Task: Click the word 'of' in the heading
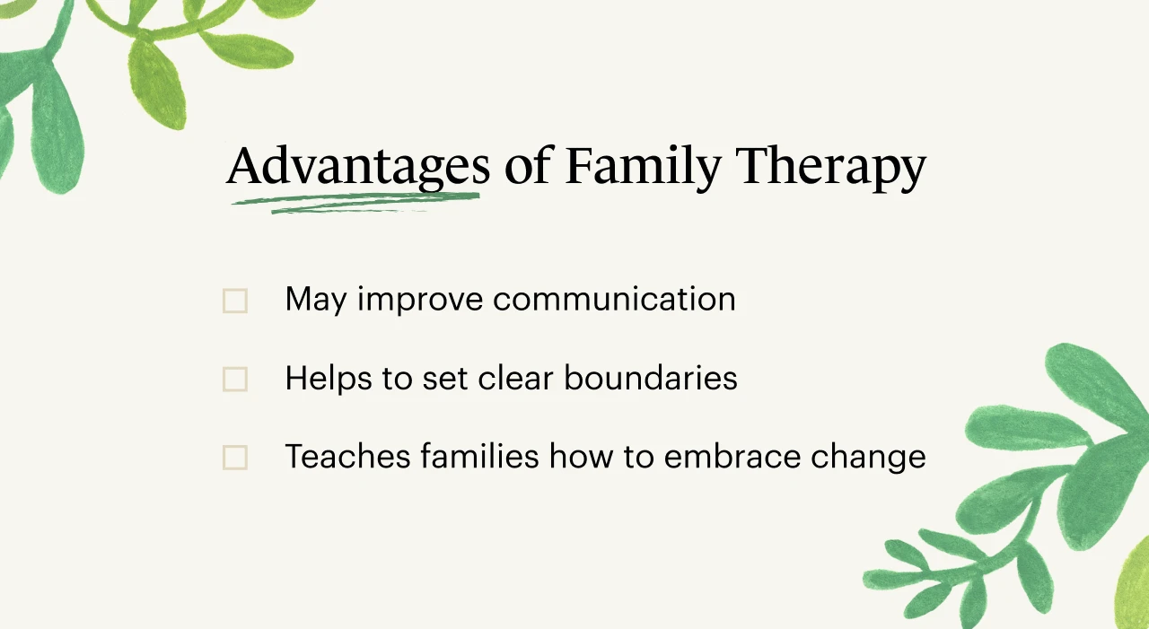(x=528, y=165)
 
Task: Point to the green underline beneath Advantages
(x=355, y=203)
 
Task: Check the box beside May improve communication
(x=235, y=301)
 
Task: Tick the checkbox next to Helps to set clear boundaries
(x=235, y=380)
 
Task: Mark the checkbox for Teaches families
(x=235, y=458)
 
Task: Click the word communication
(x=614, y=299)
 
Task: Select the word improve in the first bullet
(x=420, y=301)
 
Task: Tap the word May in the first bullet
(x=316, y=301)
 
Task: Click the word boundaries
(x=651, y=378)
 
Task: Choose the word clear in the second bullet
(x=515, y=378)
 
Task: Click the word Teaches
(x=347, y=456)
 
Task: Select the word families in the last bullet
(x=479, y=455)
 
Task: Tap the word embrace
(x=732, y=455)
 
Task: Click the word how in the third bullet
(x=581, y=455)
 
